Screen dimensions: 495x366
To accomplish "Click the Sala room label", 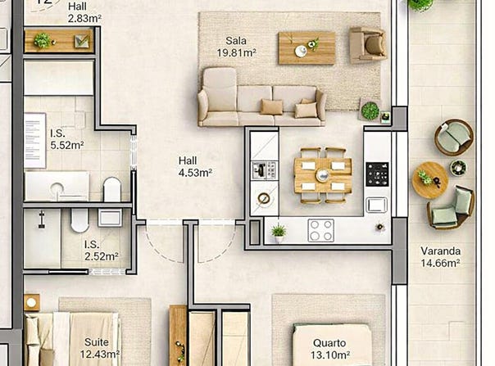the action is (236, 41).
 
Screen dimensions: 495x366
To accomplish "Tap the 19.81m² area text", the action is (236, 52).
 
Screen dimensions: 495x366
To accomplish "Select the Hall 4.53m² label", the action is (195, 166).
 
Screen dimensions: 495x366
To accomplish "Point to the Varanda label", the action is (440, 251).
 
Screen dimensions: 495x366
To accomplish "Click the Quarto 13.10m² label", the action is (330, 349).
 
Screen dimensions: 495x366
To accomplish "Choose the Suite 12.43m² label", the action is (99, 348).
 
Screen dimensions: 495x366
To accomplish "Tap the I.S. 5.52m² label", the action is (67, 139).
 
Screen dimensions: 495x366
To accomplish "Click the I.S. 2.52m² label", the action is (102, 251).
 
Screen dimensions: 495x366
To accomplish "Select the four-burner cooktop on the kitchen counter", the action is (320, 231).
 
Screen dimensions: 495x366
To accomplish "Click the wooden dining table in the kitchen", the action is (323, 175).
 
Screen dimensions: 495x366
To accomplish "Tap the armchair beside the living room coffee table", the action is (367, 44).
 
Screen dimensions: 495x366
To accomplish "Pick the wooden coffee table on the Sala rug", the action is (307, 48).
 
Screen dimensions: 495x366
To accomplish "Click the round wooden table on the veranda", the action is (430, 180).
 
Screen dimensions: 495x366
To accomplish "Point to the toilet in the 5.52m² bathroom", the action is (112, 189).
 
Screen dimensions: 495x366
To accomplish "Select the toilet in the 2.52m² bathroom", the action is (79, 220).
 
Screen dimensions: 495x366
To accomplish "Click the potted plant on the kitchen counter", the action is (279, 233).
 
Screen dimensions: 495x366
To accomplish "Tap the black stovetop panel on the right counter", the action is (377, 174).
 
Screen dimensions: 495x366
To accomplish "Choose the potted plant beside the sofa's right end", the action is (370, 111).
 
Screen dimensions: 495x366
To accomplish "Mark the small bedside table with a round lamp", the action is (32, 303).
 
